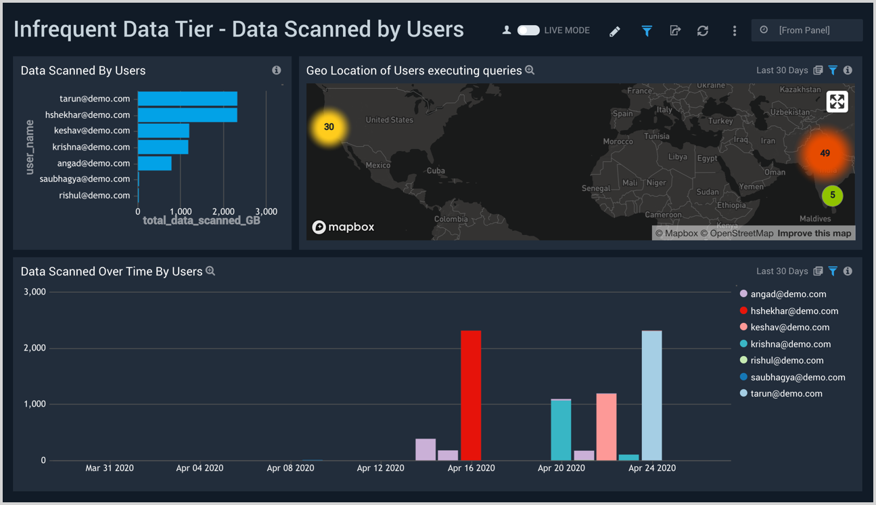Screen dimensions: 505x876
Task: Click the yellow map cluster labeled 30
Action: tap(329, 127)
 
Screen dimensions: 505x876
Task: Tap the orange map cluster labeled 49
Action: tap(825, 154)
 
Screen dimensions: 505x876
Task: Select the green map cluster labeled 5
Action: tap(832, 196)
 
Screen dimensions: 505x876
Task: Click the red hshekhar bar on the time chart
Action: tap(471, 395)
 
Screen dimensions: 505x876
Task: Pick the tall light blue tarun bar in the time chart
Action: tap(651, 395)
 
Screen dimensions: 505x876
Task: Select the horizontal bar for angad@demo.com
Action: tap(154, 163)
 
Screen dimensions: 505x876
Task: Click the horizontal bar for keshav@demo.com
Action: tap(163, 131)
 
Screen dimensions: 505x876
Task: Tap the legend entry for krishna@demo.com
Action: tap(790, 344)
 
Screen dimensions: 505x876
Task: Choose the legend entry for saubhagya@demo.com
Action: tap(798, 377)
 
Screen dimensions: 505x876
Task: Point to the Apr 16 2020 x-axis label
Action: tap(471, 468)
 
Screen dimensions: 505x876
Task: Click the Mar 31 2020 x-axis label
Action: tap(110, 468)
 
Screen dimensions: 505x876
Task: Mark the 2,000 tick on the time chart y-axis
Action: tap(34, 348)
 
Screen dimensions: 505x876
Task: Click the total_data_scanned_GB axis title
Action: tap(202, 221)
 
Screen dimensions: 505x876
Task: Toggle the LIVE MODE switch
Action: tap(528, 30)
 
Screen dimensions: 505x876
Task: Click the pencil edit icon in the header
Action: tap(614, 31)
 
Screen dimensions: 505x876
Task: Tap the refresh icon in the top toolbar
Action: tap(703, 30)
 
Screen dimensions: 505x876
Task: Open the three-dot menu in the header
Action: tap(735, 30)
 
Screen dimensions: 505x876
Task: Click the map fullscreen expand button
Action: tap(837, 102)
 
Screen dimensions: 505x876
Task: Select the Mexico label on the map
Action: tap(377, 165)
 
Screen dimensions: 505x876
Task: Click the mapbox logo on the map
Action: tap(344, 227)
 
